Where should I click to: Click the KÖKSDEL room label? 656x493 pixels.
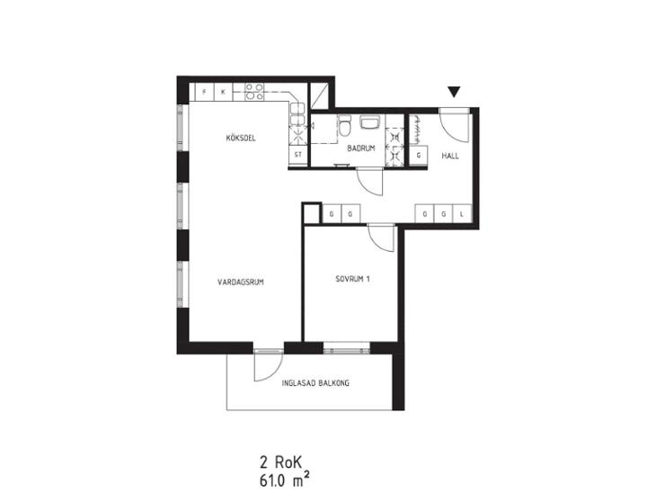241,139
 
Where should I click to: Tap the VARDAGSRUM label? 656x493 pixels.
241,282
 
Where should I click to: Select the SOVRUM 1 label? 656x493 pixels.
352,279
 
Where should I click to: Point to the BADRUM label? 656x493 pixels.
361,148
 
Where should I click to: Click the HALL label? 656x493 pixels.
450,156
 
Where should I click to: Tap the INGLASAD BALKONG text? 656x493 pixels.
315,383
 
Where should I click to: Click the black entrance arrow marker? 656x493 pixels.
454,92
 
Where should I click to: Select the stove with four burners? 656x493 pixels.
254,92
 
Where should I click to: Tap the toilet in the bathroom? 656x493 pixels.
345,126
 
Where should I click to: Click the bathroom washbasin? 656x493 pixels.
369,122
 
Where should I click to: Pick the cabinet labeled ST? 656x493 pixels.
297,155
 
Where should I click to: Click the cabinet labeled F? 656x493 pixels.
204,92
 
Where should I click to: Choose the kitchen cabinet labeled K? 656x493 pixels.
224,92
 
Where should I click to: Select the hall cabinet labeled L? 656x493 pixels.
462,214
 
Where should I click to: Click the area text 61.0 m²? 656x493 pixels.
285,480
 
